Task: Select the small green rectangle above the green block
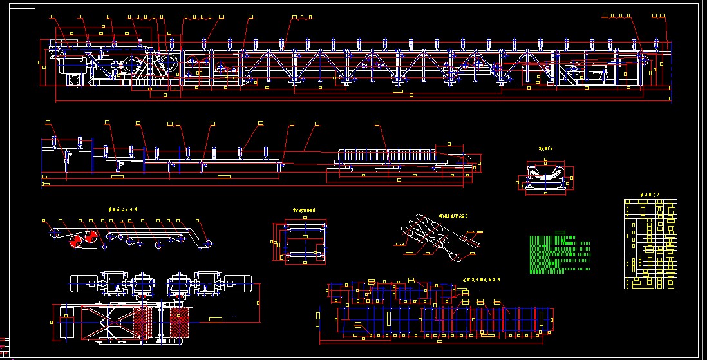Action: coord(560,232)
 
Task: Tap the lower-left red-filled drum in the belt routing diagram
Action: coord(75,241)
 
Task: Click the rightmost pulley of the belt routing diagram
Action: coord(206,244)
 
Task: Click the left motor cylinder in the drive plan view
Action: coord(82,282)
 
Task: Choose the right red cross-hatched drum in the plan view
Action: coord(180,322)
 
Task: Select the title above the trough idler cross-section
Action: coord(547,148)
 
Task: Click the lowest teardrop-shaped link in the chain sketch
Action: coord(455,258)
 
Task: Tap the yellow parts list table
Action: coord(650,243)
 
